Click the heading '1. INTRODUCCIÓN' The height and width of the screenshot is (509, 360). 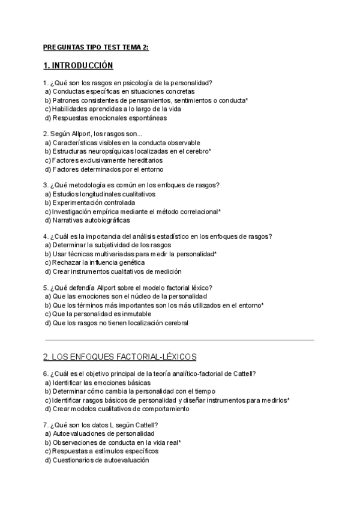(78, 65)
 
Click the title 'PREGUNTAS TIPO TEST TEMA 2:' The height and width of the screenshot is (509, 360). (96, 46)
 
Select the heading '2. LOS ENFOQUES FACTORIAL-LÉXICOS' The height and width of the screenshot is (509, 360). (120, 357)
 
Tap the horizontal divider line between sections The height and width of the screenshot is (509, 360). (179, 340)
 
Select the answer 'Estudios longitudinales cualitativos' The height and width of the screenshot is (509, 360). (104, 194)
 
